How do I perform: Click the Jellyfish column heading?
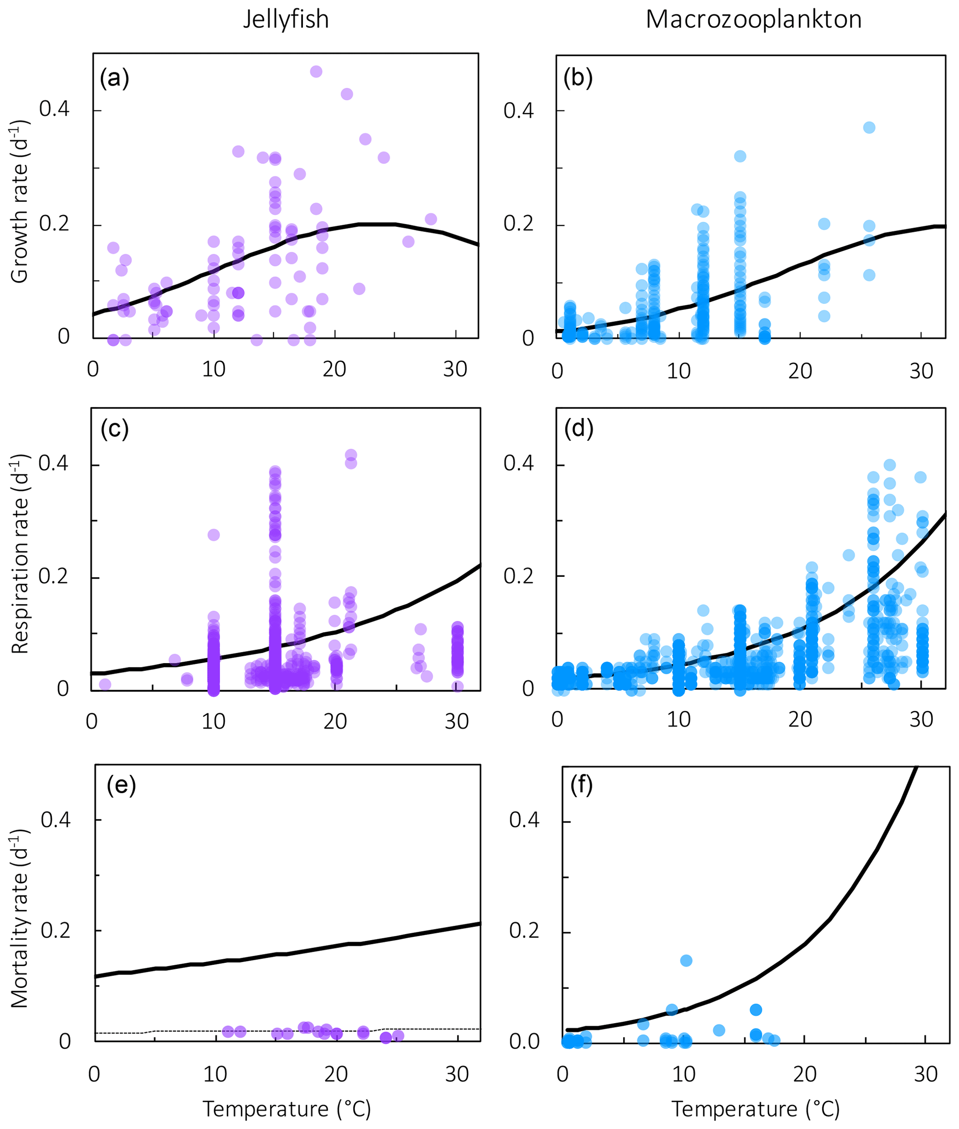pyautogui.click(x=285, y=19)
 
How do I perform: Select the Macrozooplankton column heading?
pyautogui.click(x=753, y=19)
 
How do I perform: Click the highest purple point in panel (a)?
pyautogui.click(x=316, y=72)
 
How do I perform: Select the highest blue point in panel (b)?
pyautogui.click(x=869, y=128)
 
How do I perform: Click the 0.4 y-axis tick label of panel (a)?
pyautogui.click(x=54, y=109)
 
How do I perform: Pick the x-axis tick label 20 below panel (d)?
pyautogui.click(x=800, y=720)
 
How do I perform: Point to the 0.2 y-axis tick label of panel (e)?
pyautogui.click(x=56, y=930)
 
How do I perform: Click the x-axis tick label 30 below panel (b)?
pyautogui.click(x=921, y=371)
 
